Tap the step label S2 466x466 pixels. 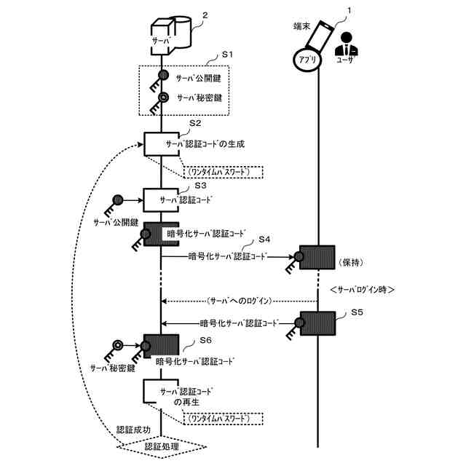[x=195, y=123]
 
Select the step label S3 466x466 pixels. [x=200, y=186]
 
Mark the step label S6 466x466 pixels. [x=206, y=340]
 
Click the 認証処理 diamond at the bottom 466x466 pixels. [x=162, y=446]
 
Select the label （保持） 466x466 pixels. [x=353, y=260]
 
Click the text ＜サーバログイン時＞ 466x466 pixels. [x=362, y=289]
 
